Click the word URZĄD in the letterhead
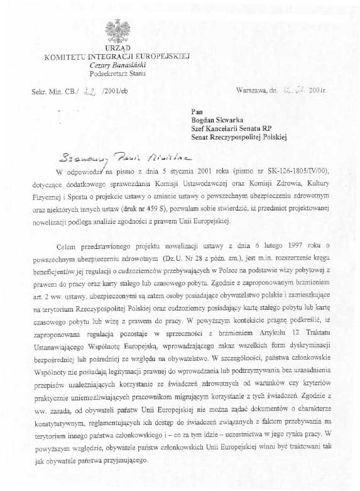[117, 48]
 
